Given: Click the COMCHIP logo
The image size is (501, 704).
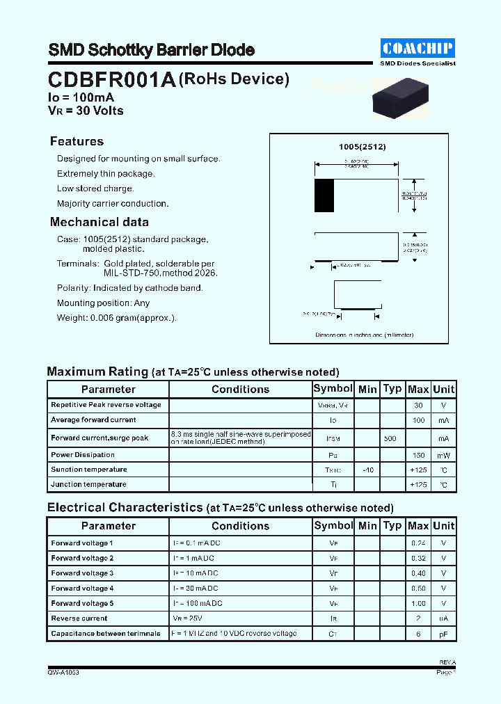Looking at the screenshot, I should point(417,47).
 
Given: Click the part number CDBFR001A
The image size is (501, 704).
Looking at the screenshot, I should point(112,80).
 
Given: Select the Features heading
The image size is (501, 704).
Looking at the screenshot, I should point(77,141).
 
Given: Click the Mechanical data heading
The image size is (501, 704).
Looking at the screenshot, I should point(100,223).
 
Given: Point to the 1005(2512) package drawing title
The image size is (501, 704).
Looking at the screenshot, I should point(362,147).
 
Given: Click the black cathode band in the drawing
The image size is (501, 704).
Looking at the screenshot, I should point(324,195).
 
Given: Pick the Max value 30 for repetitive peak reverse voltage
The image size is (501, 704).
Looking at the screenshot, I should point(418,405).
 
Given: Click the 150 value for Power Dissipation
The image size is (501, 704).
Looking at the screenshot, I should point(418,456).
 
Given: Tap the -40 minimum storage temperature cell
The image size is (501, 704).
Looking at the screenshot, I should point(368,470).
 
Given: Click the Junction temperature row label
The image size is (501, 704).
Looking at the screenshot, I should point(88,485).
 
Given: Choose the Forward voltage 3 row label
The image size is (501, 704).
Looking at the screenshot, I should point(82,573).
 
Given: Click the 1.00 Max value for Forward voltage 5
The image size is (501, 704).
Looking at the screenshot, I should point(418,604).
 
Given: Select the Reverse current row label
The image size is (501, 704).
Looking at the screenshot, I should point(79,618).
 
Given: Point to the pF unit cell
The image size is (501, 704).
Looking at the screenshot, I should point(443,634).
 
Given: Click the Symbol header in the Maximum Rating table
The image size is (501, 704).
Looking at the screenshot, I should point(333,389).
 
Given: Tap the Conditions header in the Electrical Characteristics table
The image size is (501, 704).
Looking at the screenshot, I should point(240,526).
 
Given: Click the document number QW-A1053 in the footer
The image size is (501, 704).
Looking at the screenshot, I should point(63,673).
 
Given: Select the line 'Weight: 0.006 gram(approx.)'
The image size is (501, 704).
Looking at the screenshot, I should point(116,318).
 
